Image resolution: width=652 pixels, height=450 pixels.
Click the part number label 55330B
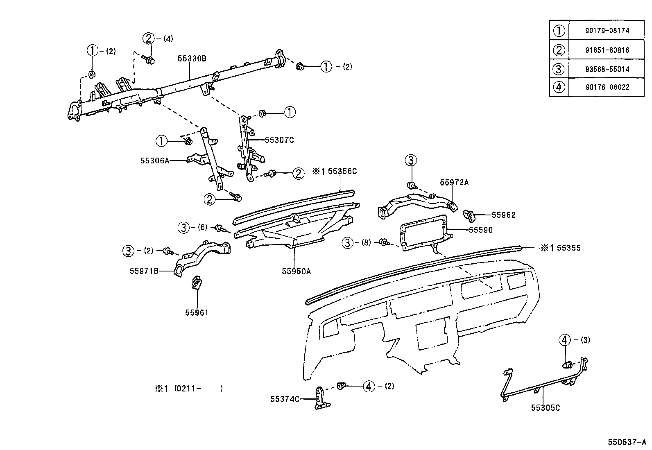click(x=192, y=59)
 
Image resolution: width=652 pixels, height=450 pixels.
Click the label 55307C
click(x=279, y=140)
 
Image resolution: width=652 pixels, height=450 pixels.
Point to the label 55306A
click(x=154, y=161)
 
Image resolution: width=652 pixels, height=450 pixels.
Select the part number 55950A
click(x=296, y=271)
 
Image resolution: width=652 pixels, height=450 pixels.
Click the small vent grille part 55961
click(x=197, y=282)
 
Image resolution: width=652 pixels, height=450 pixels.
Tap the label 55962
click(x=503, y=215)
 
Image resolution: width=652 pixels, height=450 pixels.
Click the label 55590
click(x=480, y=230)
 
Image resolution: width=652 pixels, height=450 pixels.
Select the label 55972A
click(x=454, y=183)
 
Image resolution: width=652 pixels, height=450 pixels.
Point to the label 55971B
click(x=144, y=271)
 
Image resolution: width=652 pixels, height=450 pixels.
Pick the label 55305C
click(x=545, y=408)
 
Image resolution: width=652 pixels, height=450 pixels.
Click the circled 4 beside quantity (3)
click(x=564, y=340)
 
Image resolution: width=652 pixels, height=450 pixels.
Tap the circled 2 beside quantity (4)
click(x=148, y=38)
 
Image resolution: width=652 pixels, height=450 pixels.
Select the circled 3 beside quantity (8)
click(x=347, y=243)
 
